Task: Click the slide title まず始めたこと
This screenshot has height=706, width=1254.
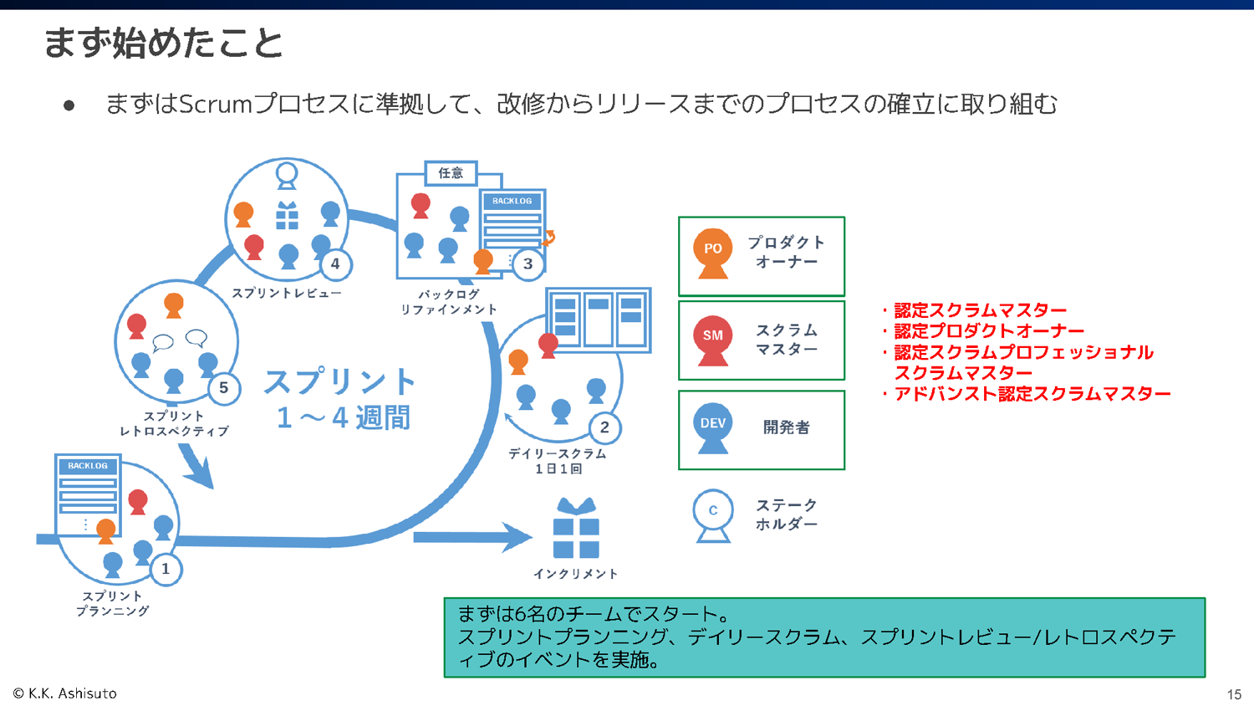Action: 163,43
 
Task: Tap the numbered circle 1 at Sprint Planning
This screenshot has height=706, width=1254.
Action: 166,569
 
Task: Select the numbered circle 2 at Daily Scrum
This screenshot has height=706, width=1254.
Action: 604,427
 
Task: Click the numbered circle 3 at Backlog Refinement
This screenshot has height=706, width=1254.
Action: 528,263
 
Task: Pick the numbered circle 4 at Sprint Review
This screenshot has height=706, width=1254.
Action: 335,263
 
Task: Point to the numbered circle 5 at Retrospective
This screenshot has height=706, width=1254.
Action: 223,387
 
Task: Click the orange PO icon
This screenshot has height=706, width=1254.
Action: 712,252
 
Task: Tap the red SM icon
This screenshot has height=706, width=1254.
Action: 712,339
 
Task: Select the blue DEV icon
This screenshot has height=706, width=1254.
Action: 712,427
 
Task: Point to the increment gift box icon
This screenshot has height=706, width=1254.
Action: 576,529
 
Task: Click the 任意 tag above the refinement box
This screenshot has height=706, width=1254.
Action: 451,173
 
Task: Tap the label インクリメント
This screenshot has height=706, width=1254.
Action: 575,574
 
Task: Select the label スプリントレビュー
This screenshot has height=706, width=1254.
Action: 286,293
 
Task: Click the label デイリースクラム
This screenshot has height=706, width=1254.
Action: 558,453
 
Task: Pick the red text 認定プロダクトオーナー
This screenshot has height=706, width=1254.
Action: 989,331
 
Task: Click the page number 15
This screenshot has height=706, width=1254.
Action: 1234,694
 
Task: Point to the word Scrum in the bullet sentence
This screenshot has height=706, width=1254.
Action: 216,104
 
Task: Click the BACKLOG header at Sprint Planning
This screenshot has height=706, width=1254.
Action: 88,466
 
